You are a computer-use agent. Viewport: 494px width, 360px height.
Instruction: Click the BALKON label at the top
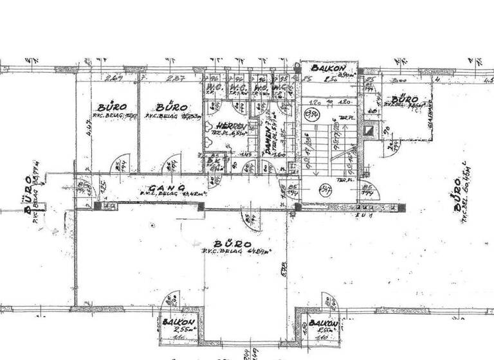coord(329,68)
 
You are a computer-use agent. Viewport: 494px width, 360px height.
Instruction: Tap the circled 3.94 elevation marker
coord(313,115)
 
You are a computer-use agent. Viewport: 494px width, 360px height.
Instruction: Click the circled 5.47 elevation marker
coord(326,190)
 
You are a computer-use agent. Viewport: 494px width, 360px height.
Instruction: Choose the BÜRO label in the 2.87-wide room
coord(171,107)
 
